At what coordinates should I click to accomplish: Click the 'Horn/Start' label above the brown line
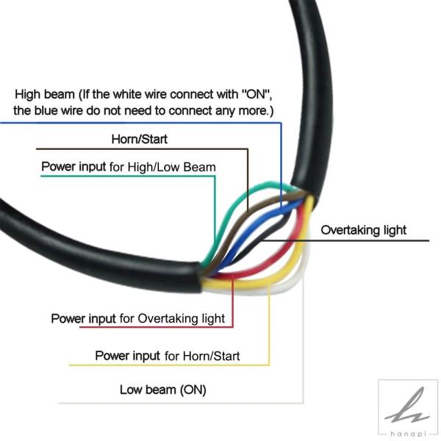click(139, 139)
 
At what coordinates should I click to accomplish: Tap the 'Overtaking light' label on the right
click(363, 230)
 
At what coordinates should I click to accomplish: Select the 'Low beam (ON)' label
click(163, 390)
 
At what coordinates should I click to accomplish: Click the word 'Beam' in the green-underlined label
click(199, 167)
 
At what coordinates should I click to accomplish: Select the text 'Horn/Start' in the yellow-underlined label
click(211, 356)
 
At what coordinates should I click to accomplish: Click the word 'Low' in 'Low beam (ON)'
click(130, 390)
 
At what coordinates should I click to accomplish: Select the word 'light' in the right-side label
click(395, 230)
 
